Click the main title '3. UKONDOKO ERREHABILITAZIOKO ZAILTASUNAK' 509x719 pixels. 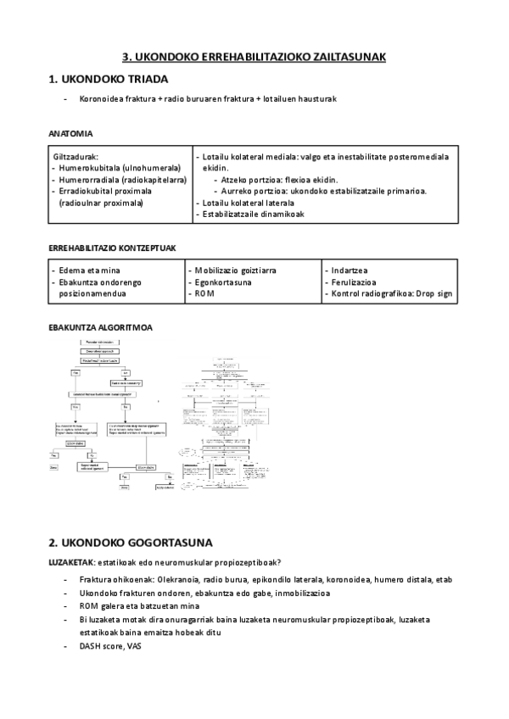tap(255, 57)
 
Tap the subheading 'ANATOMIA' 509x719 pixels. tap(71, 134)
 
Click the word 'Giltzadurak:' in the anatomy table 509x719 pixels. tap(77, 157)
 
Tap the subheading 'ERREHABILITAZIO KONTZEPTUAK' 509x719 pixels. tap(112, 248)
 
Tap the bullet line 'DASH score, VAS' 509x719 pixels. tap(111, 647)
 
